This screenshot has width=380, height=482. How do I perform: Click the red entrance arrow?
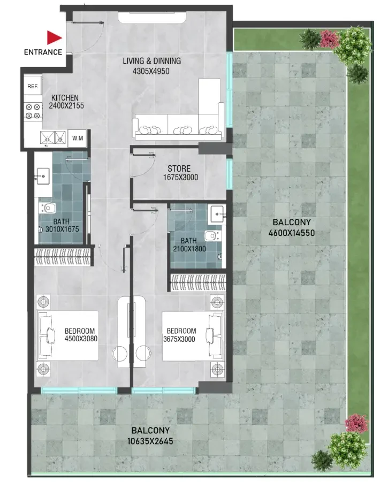54,38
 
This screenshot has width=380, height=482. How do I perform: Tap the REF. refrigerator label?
33,86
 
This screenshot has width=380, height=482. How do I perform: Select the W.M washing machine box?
78,139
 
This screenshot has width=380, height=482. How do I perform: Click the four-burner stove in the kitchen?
33,111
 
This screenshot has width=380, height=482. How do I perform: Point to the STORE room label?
179,169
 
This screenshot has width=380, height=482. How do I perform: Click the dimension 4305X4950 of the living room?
151,71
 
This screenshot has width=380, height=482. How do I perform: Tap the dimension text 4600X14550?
292,233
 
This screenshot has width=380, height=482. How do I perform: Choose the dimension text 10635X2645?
150,441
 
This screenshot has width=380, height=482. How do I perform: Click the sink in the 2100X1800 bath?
217,214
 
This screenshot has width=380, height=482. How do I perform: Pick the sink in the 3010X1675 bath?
43,176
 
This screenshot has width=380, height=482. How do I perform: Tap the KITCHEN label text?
65,98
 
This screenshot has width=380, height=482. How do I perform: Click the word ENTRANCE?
43,52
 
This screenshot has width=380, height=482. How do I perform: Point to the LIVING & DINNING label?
151,61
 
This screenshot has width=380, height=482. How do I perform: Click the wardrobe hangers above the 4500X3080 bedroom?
63,257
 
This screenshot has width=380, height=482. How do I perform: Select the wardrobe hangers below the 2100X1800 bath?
199,282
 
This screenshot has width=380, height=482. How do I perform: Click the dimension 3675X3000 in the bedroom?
179,339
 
